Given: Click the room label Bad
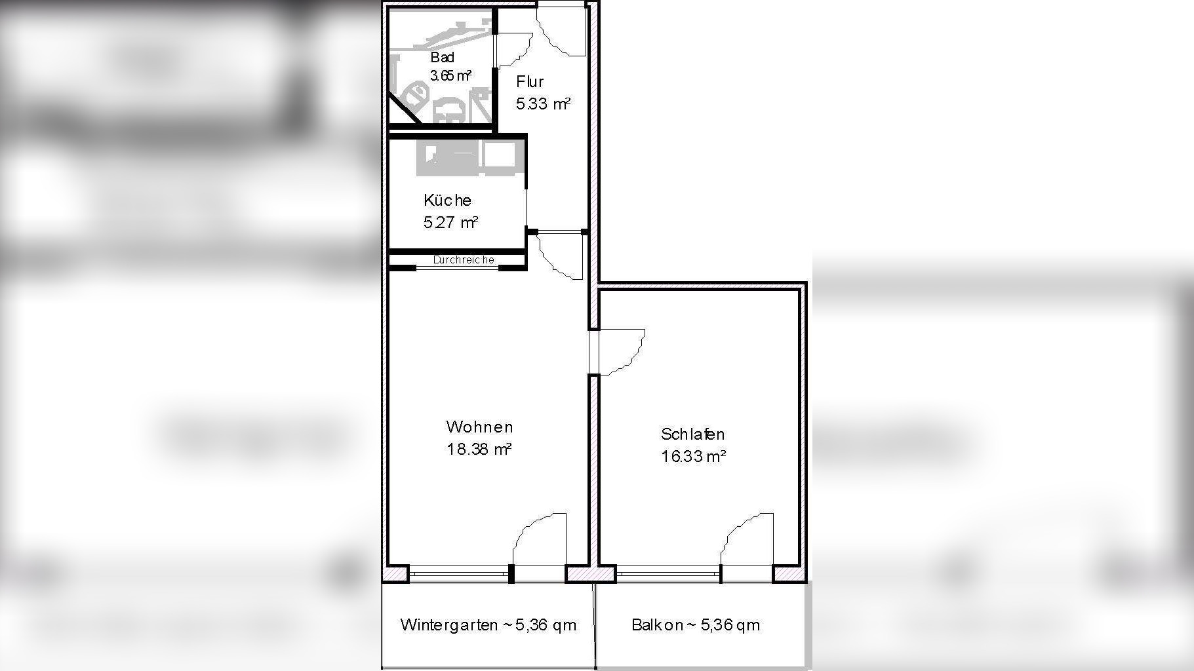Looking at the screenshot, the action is coord(442,58).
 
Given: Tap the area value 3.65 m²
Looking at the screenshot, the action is coord(450,75).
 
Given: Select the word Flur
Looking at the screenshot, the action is coord(530,82).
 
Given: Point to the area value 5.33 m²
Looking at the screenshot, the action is coord(543,104).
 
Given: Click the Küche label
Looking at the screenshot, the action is coord(447,200).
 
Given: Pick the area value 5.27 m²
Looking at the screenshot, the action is coord(450,222).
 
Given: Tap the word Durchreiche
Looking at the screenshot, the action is coord(464,260).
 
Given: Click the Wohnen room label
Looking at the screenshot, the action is coord(479,427).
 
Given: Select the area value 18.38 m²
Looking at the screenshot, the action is coord(479,450).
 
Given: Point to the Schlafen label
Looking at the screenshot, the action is coord(693,434).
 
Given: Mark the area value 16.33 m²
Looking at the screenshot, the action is coord(693,456).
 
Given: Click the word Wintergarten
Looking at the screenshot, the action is coord(449,624).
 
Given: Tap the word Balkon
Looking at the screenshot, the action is coord(657,624).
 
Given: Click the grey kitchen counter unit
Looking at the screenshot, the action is coord(470,157).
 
